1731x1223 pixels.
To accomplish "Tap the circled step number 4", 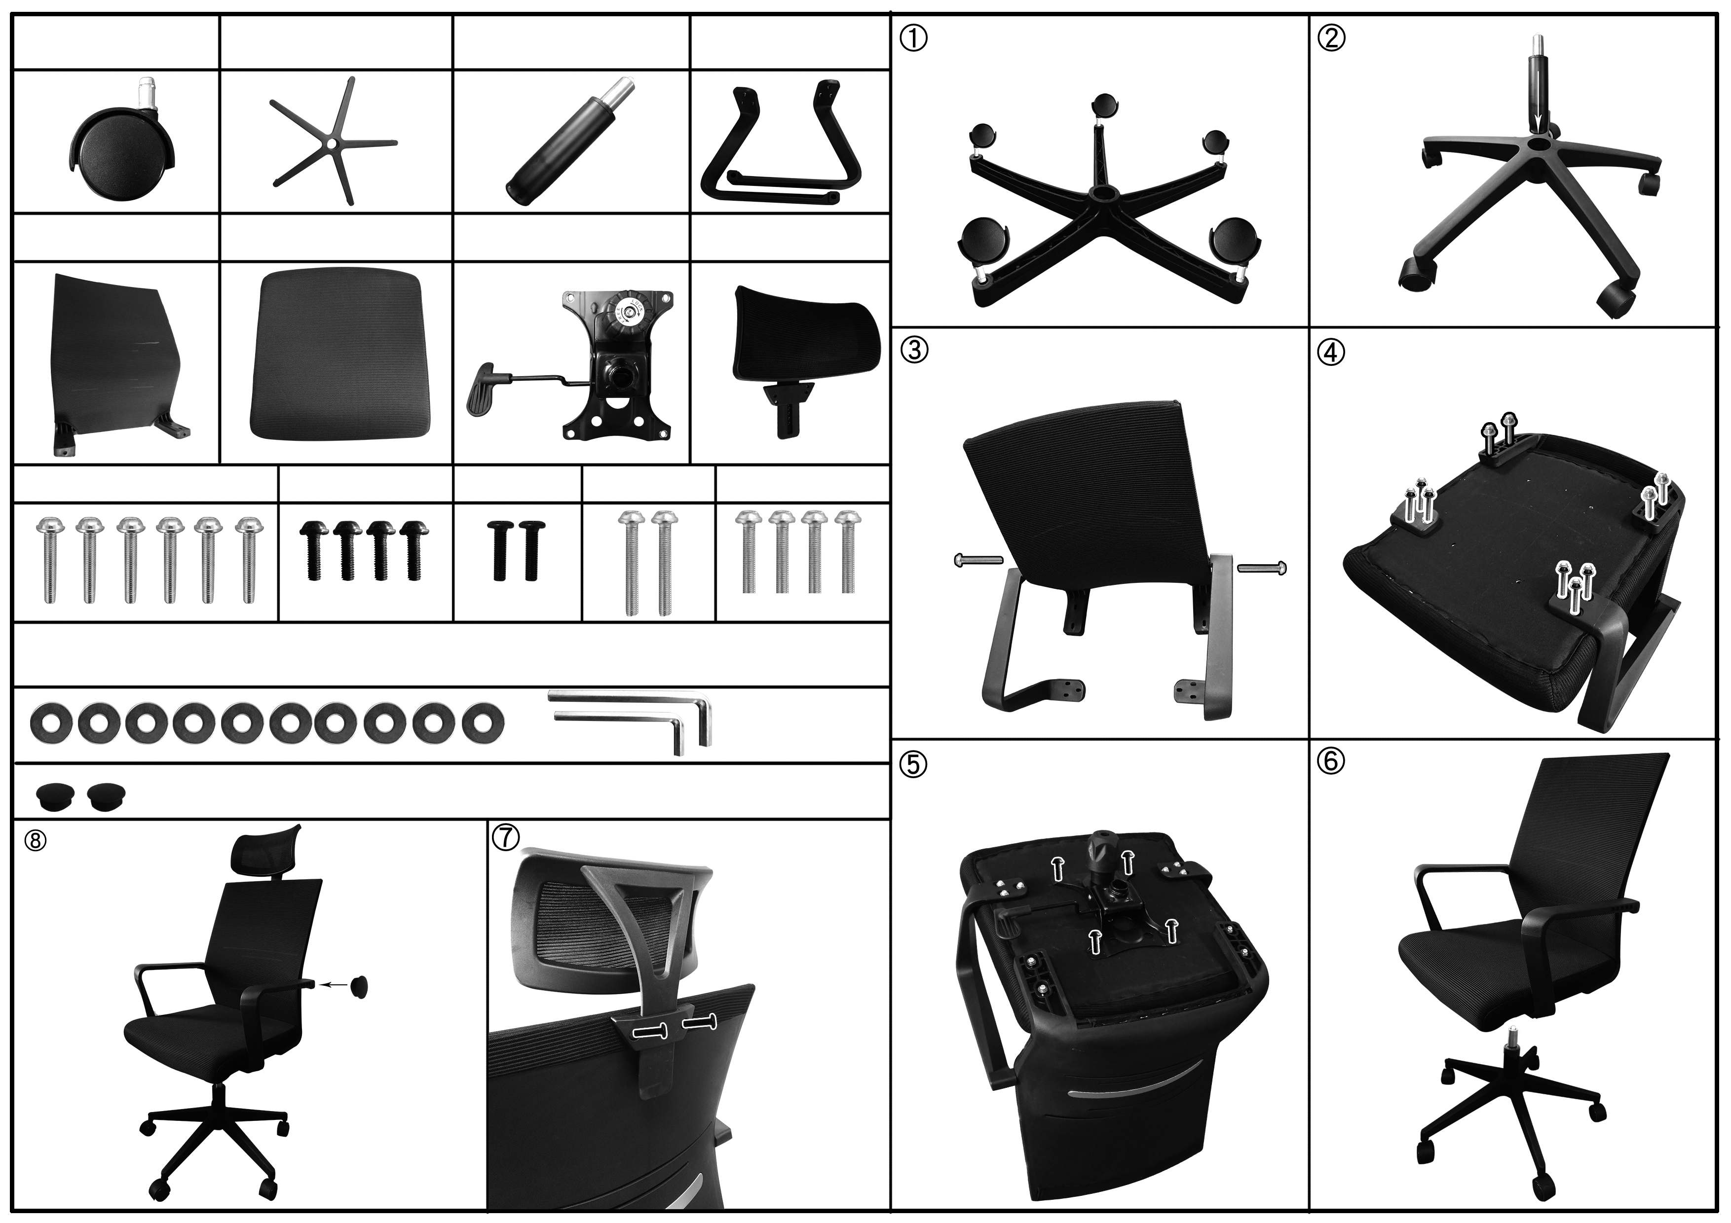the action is coord(1331,352).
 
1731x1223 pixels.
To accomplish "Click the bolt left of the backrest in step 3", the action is coord(978,560).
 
